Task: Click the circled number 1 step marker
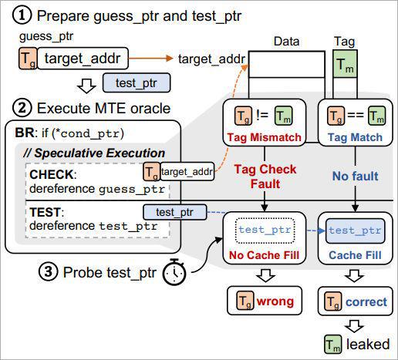coord(22,15)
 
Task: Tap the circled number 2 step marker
coord(22,108)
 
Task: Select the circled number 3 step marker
coord(49,271)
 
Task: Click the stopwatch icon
coord(174,272)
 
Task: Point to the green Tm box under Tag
coord(345,64)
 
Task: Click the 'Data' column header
coord(286,42)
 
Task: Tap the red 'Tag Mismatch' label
coord(265,137)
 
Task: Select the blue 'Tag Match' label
coord(355,137)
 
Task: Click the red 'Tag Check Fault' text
coord(265,177)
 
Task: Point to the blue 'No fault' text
coord(356,177)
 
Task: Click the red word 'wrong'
coord(275,301)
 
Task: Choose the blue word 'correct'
coord(366,302)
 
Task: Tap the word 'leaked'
coord(368,344)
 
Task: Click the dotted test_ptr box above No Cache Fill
coord(265,230)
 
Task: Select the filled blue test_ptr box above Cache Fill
coord(355,230)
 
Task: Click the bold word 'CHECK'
coord(52,174)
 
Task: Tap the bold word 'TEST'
coord(46,212)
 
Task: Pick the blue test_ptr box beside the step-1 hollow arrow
coord(137,82)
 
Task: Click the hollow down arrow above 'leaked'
coord(354,326)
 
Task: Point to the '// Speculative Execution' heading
coord(94,153)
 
